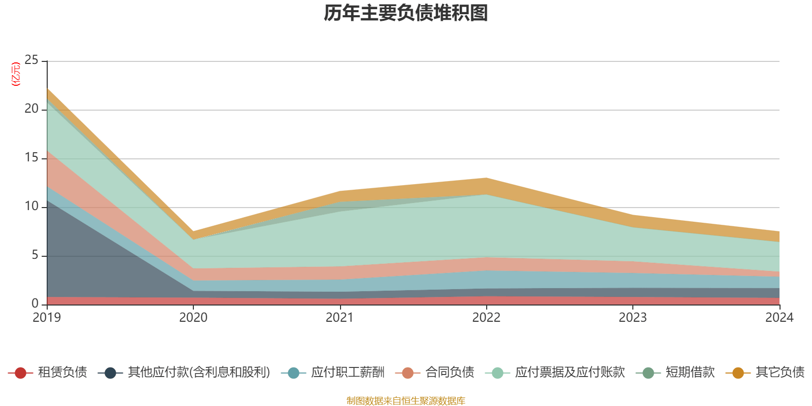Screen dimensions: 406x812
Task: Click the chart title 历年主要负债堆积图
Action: [406, 13]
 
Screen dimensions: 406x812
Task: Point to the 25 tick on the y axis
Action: [31, 60]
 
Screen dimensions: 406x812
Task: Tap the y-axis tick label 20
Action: [31, 109]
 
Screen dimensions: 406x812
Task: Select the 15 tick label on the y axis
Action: [31, 158]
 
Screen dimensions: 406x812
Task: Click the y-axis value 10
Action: [31, 207]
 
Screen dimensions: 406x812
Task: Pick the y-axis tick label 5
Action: [35, 255]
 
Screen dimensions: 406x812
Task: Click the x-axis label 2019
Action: [47, 318]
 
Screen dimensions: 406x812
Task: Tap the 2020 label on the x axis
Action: [193, 318]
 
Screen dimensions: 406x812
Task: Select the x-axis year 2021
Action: [340, 318]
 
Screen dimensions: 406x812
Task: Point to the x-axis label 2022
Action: [486, 318]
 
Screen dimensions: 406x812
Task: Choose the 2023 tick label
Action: [632, 318]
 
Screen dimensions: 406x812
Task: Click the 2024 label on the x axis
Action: [779, 318]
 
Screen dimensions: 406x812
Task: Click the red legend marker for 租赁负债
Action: [20, 373]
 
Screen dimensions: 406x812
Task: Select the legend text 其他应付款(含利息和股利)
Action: [199, 373]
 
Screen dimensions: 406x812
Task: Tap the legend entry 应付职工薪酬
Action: [348, 373]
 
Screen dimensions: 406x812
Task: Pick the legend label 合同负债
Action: [450, 373]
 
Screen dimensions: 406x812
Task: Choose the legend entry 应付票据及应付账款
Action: [569, 373]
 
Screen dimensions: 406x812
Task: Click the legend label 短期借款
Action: [690, 373]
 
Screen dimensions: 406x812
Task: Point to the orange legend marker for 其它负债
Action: [738, 373]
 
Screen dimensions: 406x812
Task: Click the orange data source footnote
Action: [406, 401]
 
